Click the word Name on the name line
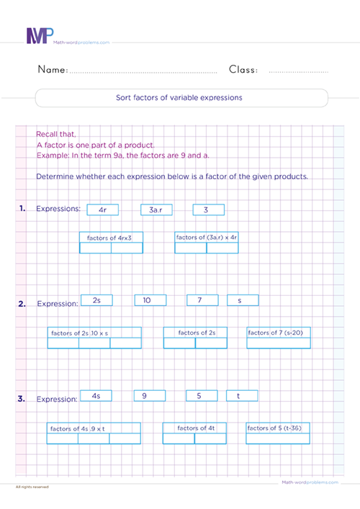pos(52,70)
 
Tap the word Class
pos(245,70)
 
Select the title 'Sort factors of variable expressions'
pos(181,97)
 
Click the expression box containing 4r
pos(102,210)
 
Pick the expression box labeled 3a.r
pos(156,210)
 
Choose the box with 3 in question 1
pos(208,210)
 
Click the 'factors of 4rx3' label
pos(110,236)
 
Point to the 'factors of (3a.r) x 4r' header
pos(207,236)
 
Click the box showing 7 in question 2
pos(202,300)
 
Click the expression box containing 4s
pos(97,395)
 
